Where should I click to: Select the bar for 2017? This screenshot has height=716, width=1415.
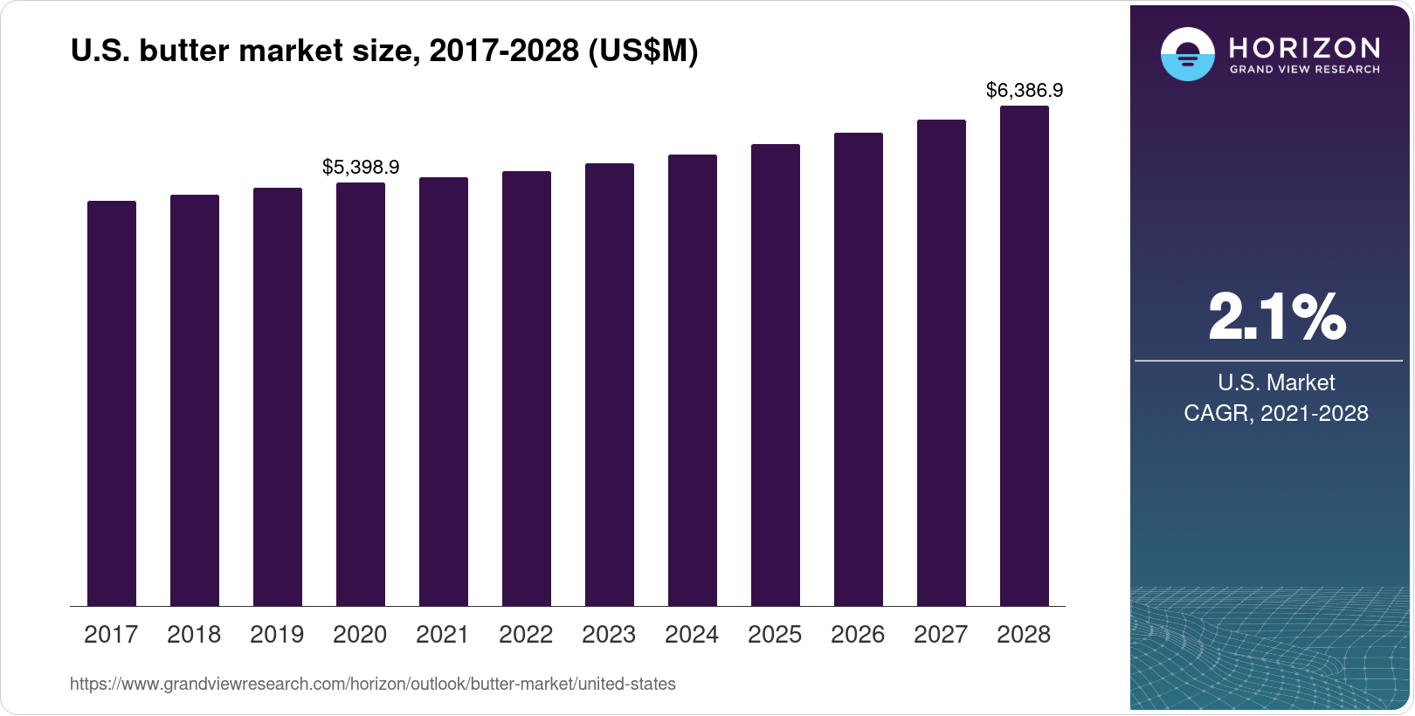click(x=112, y=403)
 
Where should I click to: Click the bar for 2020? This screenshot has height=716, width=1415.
click(x=361, y=395)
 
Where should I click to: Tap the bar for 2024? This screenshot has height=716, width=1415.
click(x=693, y=381)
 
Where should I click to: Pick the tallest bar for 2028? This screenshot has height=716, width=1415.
click(x=1025, y=356)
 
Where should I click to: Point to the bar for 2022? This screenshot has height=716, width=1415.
click(x=527, y=389)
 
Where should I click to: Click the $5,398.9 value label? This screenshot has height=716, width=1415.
click(x=361, y=167)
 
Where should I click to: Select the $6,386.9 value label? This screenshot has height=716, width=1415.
click(x=1025, y=90)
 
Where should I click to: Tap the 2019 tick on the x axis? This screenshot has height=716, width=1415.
click(x=277, y=635)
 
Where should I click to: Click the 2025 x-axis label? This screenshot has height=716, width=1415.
click(x=775, y=635)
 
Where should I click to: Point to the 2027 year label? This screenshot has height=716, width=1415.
click(x=941, y=635)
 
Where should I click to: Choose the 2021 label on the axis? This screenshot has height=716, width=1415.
click(x=443, y=635)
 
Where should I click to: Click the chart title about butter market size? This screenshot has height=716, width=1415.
click(x=384, y=51)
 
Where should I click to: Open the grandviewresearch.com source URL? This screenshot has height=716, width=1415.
click(x=373, y=685)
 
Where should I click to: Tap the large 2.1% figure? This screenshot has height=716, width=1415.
click(x=1276, y=317)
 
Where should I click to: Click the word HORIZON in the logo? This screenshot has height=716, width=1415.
click(x=1305, y=47)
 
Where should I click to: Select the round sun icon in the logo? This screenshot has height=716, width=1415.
click(x=1187, y=54)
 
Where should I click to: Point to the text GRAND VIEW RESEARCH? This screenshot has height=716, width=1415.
click(x=1305, y=70)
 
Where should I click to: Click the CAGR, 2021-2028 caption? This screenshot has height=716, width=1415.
click(x=1276, y=413)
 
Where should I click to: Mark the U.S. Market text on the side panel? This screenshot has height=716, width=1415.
click(x=1276, y=382)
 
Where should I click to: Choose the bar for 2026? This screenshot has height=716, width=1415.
click(x=859, y=369)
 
